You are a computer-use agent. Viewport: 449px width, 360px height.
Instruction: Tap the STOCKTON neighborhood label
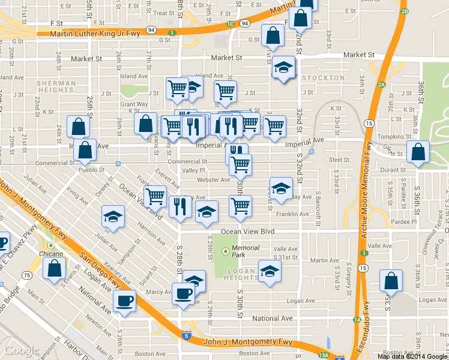coord(324,78)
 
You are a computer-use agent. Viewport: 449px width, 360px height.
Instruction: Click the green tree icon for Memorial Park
coord(226,251)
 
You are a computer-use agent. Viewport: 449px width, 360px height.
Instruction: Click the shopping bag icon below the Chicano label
coord(55,269)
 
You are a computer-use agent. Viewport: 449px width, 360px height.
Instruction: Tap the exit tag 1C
coord(230,24)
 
